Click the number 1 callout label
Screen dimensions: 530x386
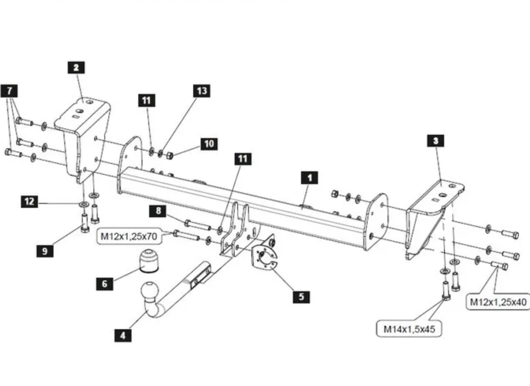coord(309,178)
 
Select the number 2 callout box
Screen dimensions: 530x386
coord(76,68)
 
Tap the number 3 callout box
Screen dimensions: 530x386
coord(436,141)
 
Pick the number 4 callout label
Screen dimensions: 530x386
coord(123,335)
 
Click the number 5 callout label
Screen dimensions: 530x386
coord(301,297)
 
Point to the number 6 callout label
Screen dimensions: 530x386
coord(105,283)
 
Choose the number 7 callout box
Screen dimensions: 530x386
coord(9,91)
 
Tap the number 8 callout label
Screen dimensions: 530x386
coord(158,211)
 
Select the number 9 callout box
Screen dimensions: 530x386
coord(45,251)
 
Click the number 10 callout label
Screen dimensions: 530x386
coord(209,144)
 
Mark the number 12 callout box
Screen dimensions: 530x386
coord(29,202)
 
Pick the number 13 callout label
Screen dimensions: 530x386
coord(202,91)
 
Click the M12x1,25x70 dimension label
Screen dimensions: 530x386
coord(129,236)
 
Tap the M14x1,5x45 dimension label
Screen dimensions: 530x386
coord(409,329)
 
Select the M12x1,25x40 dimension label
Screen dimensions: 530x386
coord(498,302)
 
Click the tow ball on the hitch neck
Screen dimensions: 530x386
coord(150,291)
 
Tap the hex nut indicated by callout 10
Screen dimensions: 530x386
coord(170,156)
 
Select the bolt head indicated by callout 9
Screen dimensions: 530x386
coord(85,229)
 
